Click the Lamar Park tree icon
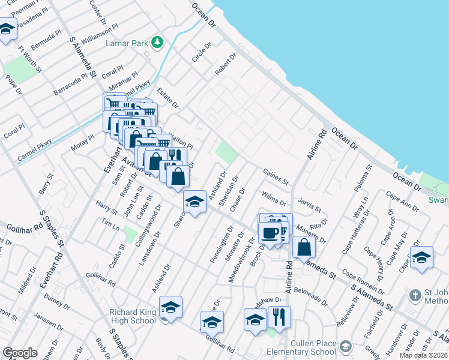[157, 42]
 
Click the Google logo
[20, 353]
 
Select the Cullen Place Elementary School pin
[345, 346]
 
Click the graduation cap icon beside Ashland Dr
[194, 202]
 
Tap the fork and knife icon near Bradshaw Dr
[279, 316]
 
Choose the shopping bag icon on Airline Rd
[304, 247]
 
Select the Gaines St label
[276, 177]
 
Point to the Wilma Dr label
[274, 197]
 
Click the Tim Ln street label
[110, 224]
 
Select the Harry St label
[106, 208]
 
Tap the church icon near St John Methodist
[415, 296]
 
